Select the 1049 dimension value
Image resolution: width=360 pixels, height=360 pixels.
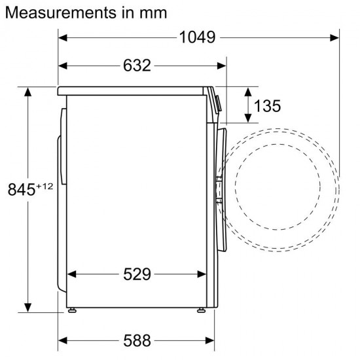(197, 37)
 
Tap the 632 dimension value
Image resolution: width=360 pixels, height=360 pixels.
(136, 65)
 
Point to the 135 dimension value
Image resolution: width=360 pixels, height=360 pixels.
(269, 105)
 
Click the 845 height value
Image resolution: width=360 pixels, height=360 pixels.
(20, 191)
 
